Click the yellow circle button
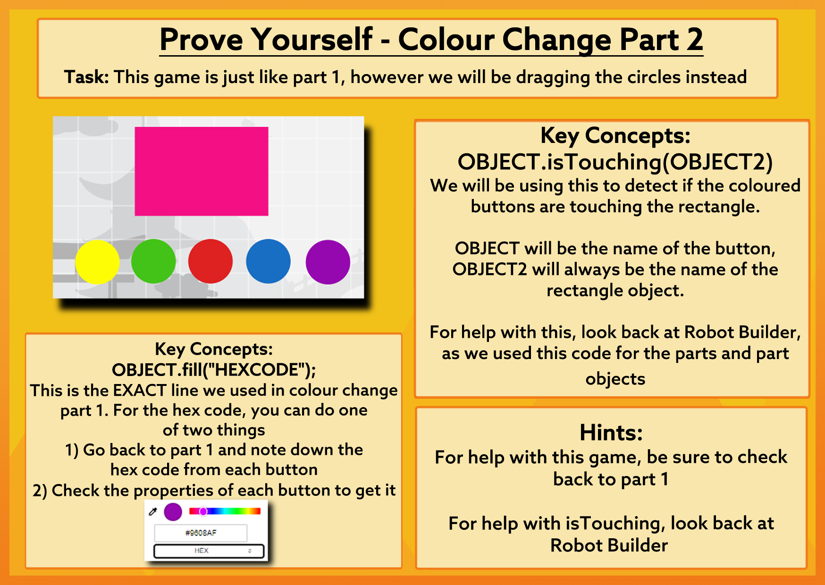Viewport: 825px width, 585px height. click(97, 262)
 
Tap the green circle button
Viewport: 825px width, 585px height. click(153, 261)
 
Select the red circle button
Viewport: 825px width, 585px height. click(210, 261)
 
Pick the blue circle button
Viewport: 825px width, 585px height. click(268, 261)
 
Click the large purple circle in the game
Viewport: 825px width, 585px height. click(328, 262)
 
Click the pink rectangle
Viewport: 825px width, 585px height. click(202, 171)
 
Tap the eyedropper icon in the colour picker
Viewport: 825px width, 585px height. click(153, 511)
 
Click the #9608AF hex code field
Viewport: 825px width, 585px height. click(201, 533)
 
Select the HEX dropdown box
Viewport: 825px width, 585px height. click(209, 551)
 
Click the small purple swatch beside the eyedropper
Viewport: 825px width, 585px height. click(173, 511)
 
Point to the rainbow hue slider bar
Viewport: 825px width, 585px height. click(225, 511)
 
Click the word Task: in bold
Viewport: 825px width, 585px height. click(87, 77)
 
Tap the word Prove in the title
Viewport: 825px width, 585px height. click(201, 40)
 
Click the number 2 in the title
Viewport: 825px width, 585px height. click(695, 40)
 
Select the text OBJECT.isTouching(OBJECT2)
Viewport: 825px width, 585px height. click(615, 162)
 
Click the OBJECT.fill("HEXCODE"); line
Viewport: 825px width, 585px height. click(214, 370)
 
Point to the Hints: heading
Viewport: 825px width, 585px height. click(611, 433)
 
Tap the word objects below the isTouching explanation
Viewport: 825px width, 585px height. click(615, 379)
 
